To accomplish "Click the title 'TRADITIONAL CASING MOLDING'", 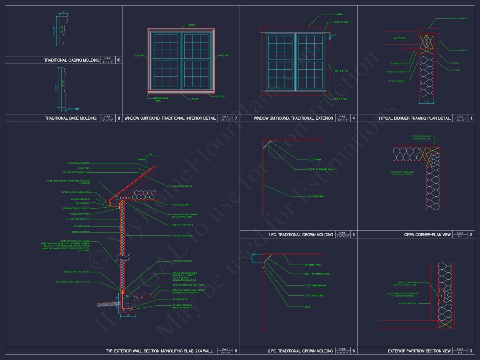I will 72,60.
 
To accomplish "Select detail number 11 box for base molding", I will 118,118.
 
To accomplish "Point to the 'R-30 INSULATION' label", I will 180,205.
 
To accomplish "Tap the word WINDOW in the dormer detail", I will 399,38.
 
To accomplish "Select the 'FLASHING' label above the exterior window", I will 338,14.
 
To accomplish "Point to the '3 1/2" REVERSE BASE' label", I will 314,296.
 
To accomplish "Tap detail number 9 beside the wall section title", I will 236,351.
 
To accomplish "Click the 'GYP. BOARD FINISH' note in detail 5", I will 316,196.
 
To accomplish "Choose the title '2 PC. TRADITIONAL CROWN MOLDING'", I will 300,351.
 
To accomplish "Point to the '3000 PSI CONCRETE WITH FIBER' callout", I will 175,285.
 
